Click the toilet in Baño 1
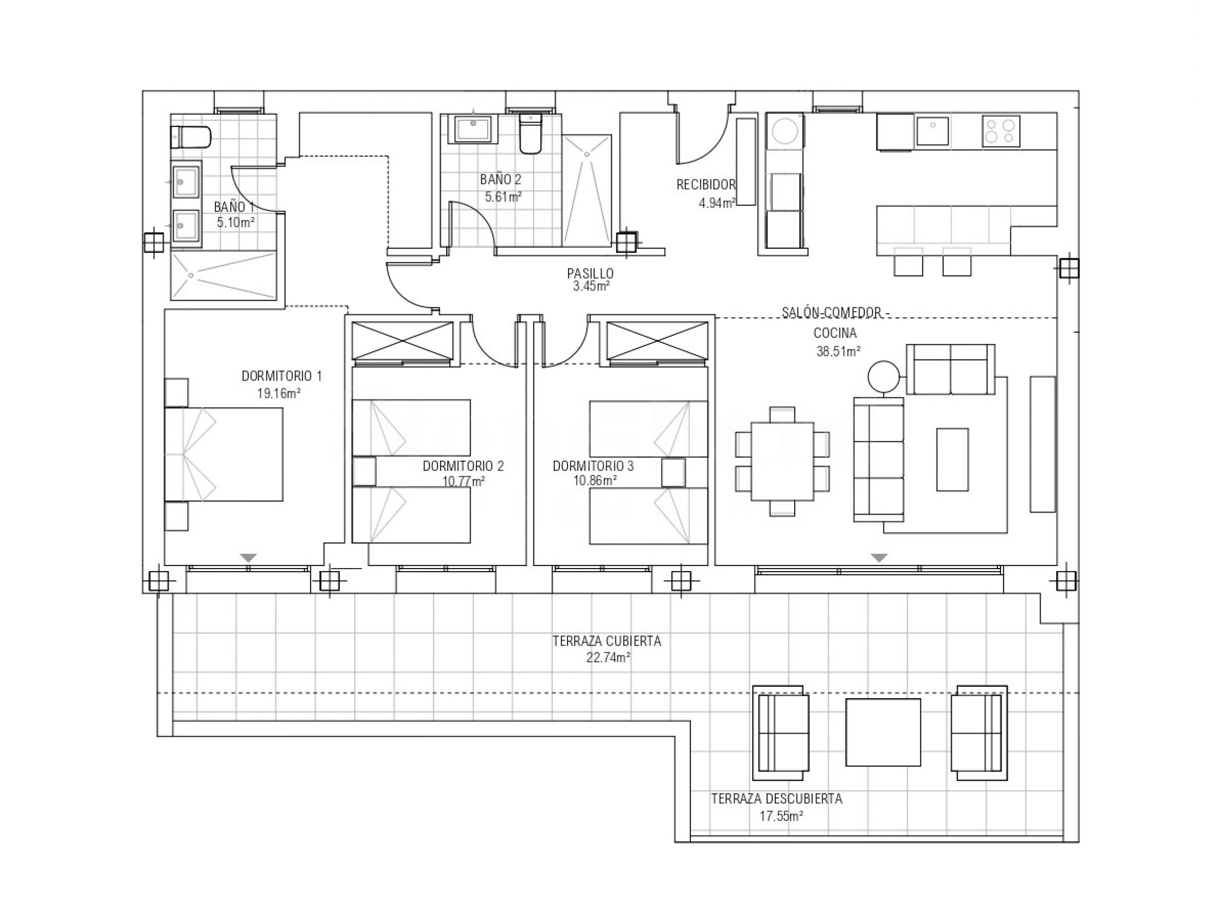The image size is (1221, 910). click(x=191, y=137)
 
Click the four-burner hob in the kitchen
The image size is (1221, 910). click(x=1000, y=131)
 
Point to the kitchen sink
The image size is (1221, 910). click(x=933, y=131)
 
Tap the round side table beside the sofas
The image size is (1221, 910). click(x=883, y=377)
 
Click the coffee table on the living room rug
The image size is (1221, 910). click(x=952, y=460)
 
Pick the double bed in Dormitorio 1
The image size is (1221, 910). click(x=224, y=454)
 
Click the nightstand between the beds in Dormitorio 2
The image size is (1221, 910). click(x=364, y=471)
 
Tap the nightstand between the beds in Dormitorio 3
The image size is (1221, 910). click(x=673, y=472)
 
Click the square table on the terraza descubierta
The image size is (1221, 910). click(x=883, y=732)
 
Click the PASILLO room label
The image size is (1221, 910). click(x=590, y=273)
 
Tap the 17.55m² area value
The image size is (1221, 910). click(x=781, y=816)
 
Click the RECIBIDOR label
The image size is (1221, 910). click(x=706, y=185)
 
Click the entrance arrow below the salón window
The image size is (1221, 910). click(x=880, y=558)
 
